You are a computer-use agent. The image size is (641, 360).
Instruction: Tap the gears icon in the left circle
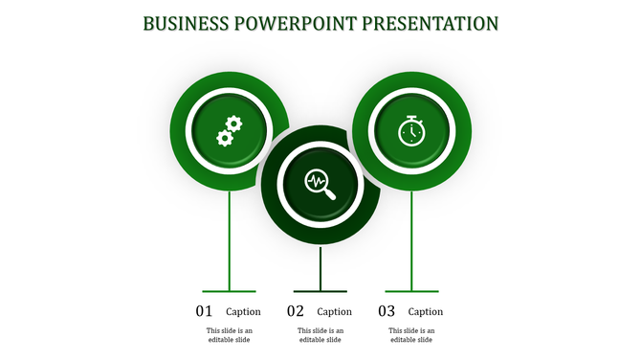pos(229,130)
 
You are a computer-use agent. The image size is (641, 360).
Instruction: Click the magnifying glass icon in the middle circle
pos(320,182)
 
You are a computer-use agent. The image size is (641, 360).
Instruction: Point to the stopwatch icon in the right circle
pos(411,130)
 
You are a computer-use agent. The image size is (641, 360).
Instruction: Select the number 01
pos(205,311)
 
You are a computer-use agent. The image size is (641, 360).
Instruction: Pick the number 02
pos(296,311)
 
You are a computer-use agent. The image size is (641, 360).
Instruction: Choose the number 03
pos(387,311)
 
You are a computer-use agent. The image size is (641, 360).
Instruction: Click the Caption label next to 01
pos(243,312)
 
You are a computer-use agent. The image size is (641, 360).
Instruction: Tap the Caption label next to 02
pos(335,312)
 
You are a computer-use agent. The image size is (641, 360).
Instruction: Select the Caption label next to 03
pos(426,312)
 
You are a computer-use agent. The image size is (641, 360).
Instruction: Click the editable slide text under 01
pos(229,335)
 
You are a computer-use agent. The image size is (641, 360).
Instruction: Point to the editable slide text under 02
pos(320,335)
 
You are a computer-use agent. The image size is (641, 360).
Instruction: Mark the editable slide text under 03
pos(411,335)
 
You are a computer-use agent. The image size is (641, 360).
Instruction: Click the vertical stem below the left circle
pos(229,239)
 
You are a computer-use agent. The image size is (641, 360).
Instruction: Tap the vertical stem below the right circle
pos(411,239)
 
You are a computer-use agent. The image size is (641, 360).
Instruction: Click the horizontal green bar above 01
pos(229,291)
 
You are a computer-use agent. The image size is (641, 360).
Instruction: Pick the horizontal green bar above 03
pos(411,291)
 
